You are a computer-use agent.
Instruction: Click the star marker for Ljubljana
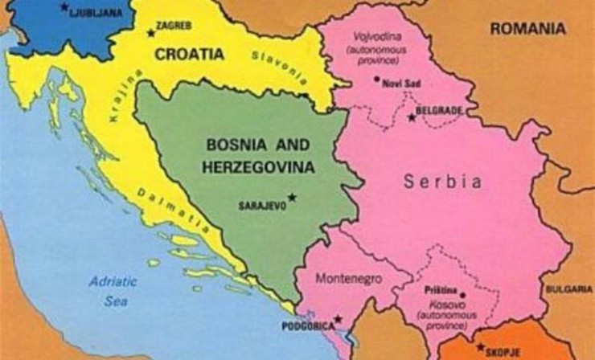click(63, 7)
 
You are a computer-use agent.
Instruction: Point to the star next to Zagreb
click(151, 33)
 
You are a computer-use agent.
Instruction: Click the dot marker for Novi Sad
click(376, 79)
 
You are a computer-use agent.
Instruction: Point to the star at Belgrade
click(412, 117)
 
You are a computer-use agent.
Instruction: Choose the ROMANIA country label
click(528, 28)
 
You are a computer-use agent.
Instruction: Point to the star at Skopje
click(480, 348)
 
